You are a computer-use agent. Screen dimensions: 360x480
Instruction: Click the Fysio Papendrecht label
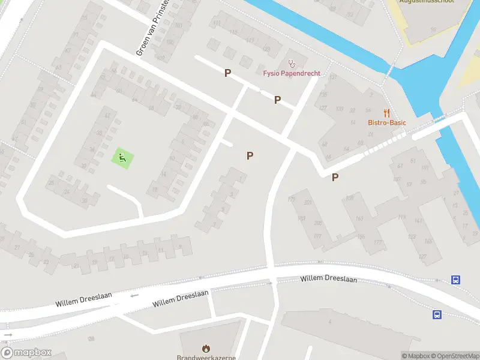[292, 73]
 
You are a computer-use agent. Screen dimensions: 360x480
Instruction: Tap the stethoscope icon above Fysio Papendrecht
[292, 62]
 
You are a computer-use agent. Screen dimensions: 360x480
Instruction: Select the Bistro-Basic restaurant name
[387, 122]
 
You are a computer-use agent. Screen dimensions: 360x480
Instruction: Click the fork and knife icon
[387, 112]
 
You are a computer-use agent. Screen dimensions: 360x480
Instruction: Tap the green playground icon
[122, 158]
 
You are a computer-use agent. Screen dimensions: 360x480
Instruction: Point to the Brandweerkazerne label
[206, 357]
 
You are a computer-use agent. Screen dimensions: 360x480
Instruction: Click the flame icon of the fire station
[206, 348]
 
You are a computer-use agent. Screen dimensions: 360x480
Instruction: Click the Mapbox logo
[26, 353]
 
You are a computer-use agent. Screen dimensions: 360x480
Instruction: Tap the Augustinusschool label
[428, 1]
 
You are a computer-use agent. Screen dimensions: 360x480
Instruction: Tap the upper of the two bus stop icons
[456, 280]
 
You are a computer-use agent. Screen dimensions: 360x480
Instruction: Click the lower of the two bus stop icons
[437, 314]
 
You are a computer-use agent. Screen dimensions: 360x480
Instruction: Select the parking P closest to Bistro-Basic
[335, 177]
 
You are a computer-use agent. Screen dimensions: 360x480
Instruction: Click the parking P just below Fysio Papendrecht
[277, 100]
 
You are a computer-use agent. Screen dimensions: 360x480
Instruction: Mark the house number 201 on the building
[308, 202]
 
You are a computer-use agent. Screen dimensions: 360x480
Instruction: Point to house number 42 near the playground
[107, 116]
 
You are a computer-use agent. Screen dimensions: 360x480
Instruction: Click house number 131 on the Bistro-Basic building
[333, 77]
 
